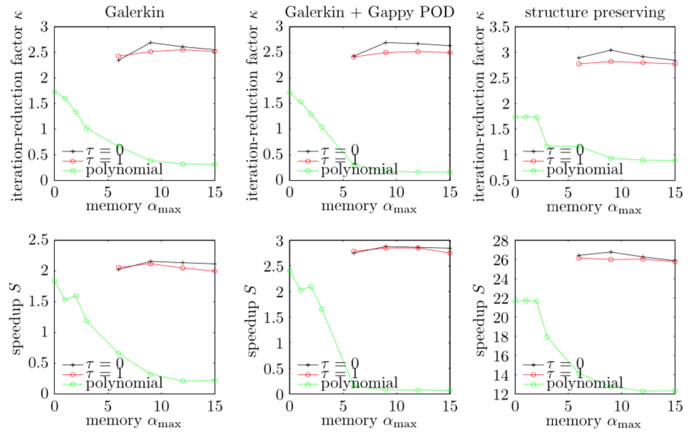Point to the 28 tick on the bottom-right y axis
pos(499,241)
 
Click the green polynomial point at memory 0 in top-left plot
pos(54,91)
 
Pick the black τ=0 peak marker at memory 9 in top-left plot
pos(151,43)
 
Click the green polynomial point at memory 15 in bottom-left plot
pos(215,380)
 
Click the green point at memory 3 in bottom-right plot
pos(547,337)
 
